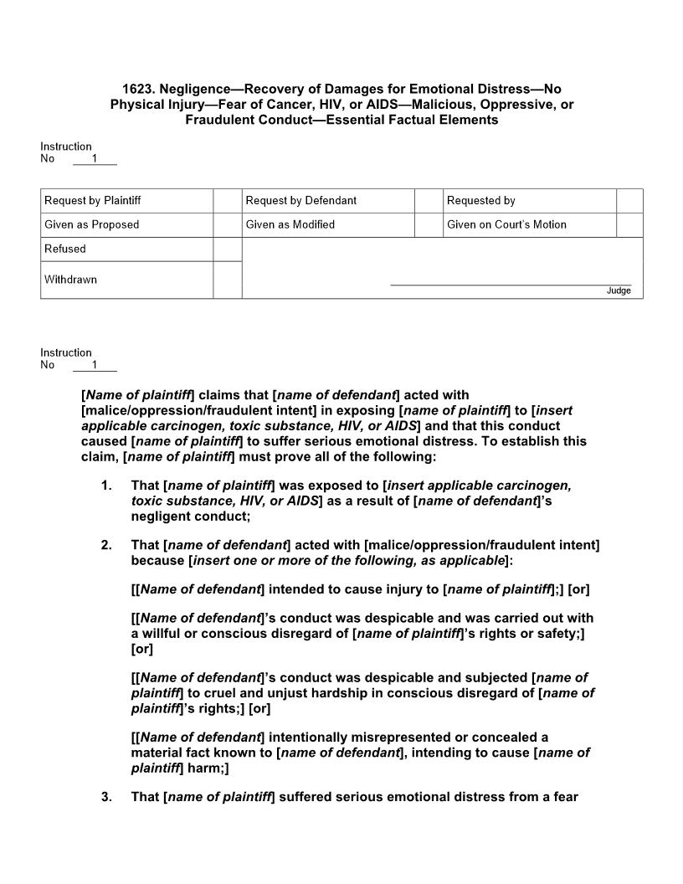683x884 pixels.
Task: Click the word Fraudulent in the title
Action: pos(218,120)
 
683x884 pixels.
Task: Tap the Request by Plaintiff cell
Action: pos(92,201)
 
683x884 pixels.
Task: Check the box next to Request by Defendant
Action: pos(429,201)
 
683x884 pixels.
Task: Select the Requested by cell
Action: pos(480,201)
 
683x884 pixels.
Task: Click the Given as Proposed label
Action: pos(92,224)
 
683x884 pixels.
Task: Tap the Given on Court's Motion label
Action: pos(506,224)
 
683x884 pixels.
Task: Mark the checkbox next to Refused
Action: pos(227,249)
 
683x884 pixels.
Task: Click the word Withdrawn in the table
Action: pos(70,280)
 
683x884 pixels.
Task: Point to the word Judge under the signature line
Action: pos(619,291)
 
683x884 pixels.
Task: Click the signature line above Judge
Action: pos(511,285)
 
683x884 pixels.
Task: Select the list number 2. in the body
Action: pos(106,546)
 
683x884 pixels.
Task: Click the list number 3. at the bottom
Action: pos(106,797)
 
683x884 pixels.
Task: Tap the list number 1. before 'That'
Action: pos(106,486)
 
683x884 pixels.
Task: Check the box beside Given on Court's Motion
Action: pos(629,224)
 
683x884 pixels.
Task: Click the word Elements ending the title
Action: pos(469,120)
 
